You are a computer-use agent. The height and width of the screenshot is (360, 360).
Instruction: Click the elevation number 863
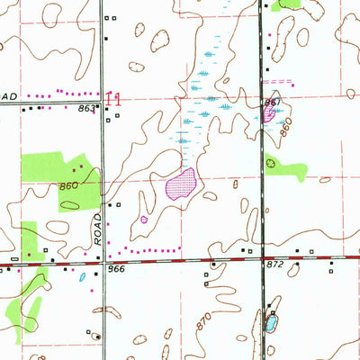[85, 108]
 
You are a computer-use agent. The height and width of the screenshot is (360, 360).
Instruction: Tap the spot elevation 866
[114, 269]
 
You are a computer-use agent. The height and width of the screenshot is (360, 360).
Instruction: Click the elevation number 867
[271, 103]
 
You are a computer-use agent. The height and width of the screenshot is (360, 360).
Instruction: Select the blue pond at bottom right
[271, 323]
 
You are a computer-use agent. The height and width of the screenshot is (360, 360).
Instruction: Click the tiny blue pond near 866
[83, 277]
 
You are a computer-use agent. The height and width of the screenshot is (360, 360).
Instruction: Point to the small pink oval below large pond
[143, 219]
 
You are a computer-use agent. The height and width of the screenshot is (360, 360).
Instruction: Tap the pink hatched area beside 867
[270, 115]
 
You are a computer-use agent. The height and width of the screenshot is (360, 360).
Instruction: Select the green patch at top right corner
[290, 4]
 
